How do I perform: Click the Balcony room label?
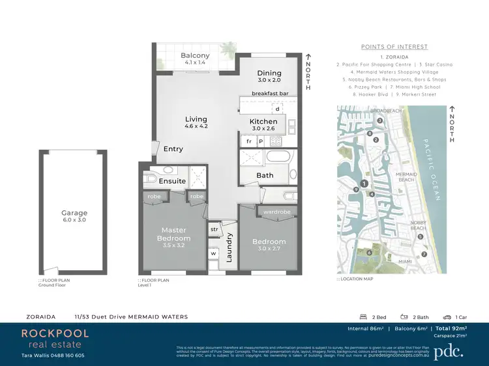(x=195, y=56)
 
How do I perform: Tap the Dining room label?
(x=269, y=74)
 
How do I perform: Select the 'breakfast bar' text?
(x=270, y=93)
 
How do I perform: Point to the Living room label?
(x=196, y=119)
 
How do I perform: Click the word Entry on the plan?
(x=173, y=149)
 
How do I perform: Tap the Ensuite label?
(x=172, y=181)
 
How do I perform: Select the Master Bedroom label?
(x=173, y=234)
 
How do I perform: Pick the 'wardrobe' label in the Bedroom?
(x=276, y=212)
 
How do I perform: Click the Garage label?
(x=74, y=213)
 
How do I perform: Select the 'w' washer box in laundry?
(x=213, y=253)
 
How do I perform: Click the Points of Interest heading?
(x=394, y=47)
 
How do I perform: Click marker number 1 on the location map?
(x=364, y=184)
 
